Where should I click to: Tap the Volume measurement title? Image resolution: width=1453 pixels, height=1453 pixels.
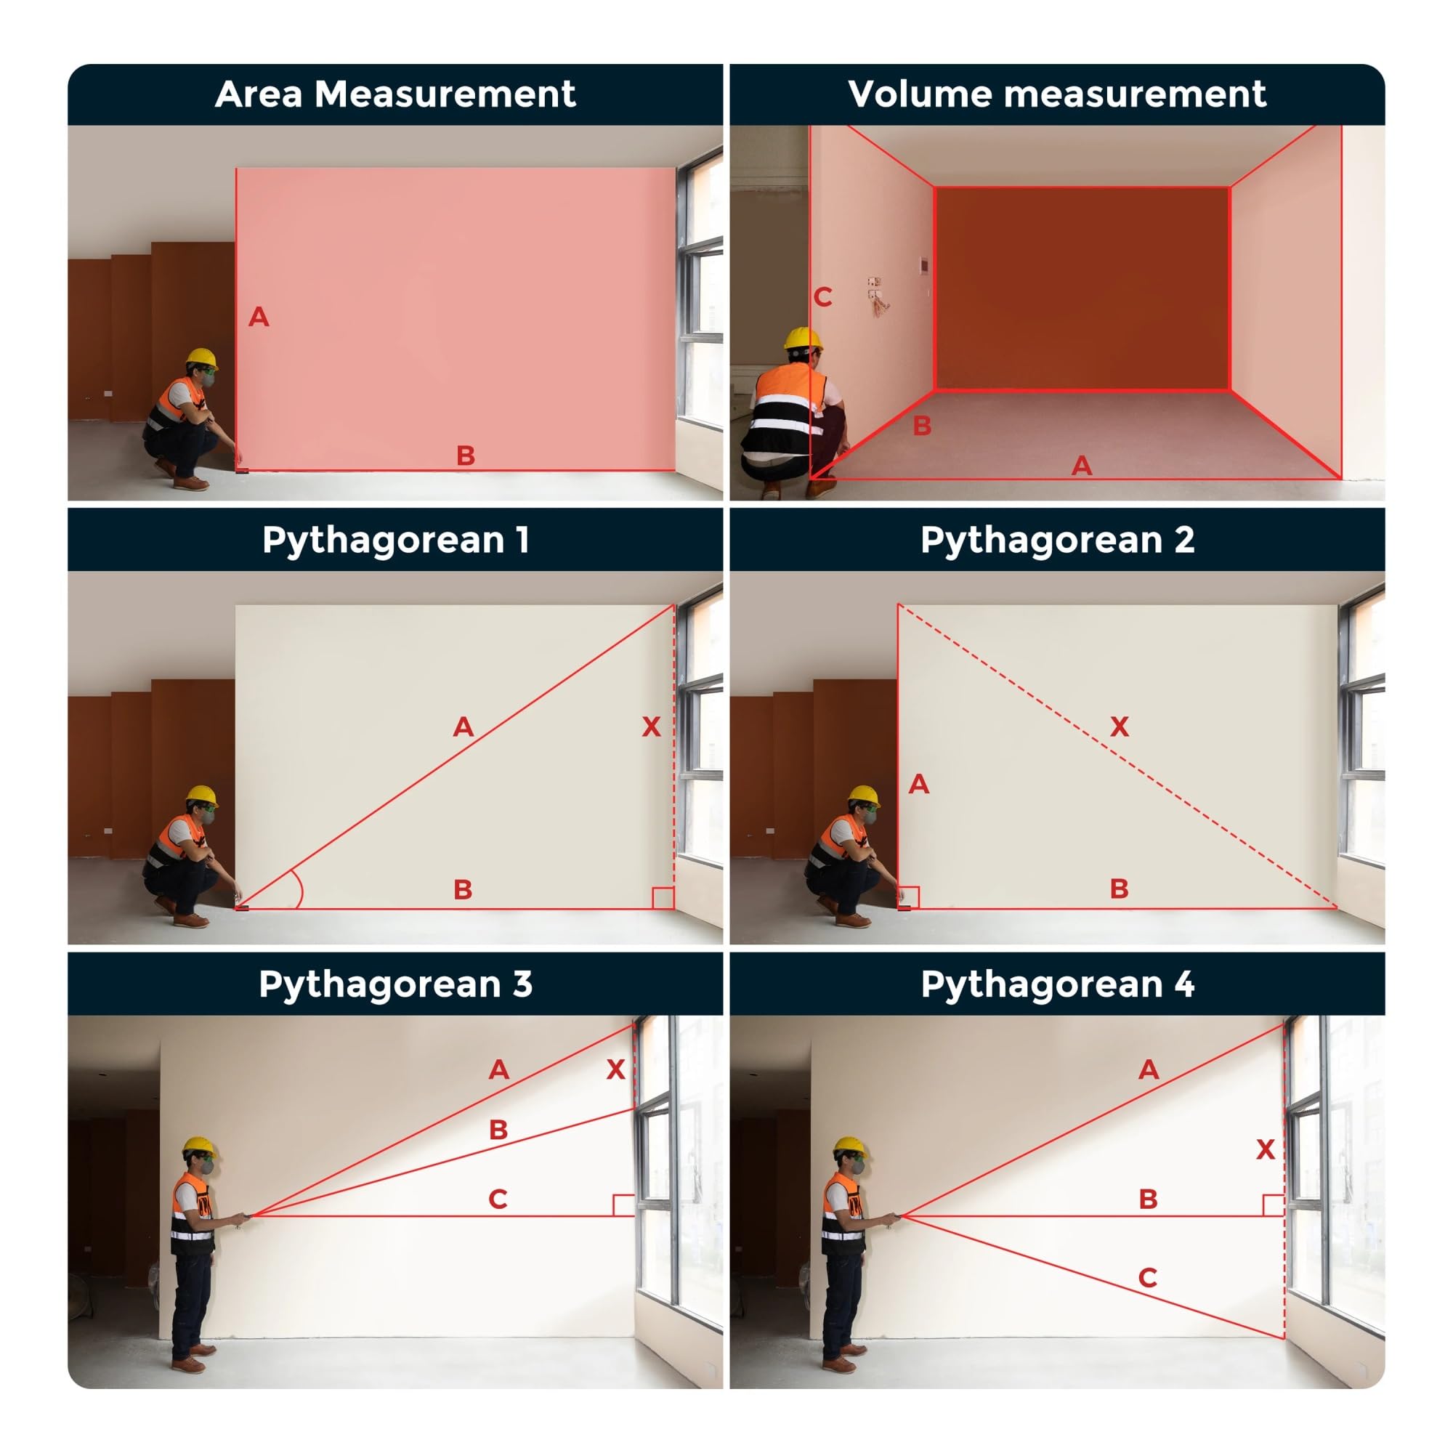1056,94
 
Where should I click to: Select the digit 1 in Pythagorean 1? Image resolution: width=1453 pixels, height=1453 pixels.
522,540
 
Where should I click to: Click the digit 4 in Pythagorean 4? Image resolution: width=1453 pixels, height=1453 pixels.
1184,984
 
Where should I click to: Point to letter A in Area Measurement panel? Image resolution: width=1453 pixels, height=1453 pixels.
259,317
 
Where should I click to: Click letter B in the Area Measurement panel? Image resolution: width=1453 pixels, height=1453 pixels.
466,455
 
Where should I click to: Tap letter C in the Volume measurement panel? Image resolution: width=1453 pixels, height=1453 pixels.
823,297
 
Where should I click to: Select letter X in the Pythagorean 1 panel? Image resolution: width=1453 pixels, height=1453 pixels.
651,726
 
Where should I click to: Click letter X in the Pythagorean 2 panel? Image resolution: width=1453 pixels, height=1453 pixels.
1119,726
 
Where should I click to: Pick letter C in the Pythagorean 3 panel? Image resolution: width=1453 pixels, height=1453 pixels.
497,1199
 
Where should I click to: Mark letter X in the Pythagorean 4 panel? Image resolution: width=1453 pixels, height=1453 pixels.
1266,1149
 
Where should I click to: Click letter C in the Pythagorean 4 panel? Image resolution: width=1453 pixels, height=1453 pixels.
1148,1278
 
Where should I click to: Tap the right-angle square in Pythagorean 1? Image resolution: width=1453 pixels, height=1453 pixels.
663,898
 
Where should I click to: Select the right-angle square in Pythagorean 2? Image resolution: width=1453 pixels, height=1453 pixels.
909,898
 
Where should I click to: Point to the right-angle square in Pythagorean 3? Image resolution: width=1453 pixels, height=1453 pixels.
624,1205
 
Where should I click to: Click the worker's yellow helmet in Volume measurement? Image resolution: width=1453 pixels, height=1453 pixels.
803,339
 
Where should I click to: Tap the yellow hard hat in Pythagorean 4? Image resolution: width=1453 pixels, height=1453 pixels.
851,1149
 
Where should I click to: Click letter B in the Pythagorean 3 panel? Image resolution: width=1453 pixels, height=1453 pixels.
498,1130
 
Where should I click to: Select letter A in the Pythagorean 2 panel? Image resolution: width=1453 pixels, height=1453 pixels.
919,785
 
